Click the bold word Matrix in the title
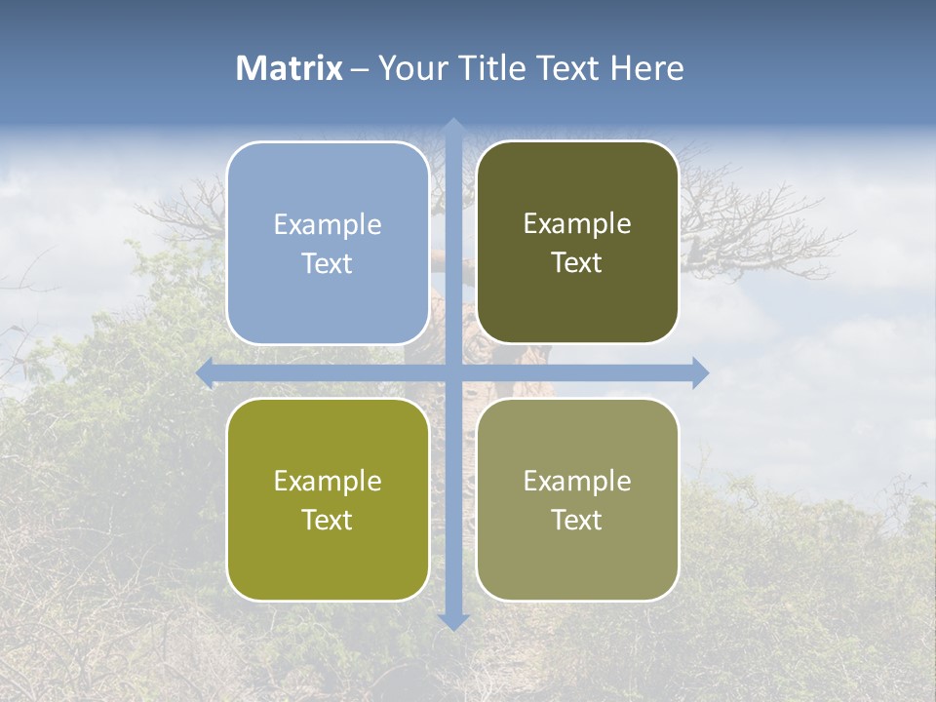pyautogui.click(x=290, y=68)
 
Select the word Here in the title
pyautogui.click(x=646, y=68)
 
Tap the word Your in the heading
pyautogui.click(x=412, y=68)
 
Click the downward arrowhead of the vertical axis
pyautogui.click(x=453, y=621)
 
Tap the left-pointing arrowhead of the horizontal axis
pyautogui.click(x=205, y=372)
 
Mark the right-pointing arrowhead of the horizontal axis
pyautogui.click(x=700, y=372)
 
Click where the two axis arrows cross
pyautogui.click(x=453, y=372)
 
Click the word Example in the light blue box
pyautogui.click(x=328, y=225)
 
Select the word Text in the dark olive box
pyautogui.click(x=577, y=263)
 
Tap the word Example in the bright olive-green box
pyautogui.click(x=328, y=482)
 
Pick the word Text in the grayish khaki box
pyautogui.click(x=577, y=520)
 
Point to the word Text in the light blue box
pyautogui.click(x=328, y=263)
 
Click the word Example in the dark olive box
pyautogui.click(x=577, y=224)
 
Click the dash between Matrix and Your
pyautogui.click(x=361, y=69)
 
